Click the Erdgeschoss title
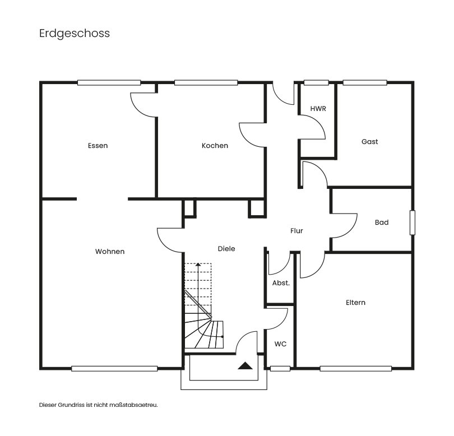point(75,34)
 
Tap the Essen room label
point(98,146)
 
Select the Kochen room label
point(215,146)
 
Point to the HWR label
point(318,109)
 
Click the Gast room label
point(369,142)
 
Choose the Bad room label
point(382,222)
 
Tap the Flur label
point(297,231)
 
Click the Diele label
point(226,249)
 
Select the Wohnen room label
point(110,252)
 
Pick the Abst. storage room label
point(281,283)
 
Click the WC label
point(280,344)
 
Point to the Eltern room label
point(355,303)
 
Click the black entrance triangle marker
point(244,366)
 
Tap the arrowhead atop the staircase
point(198,265)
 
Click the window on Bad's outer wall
point(413,222)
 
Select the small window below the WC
point(280,368)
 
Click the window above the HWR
point(316,83)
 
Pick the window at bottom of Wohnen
point(114,368)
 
